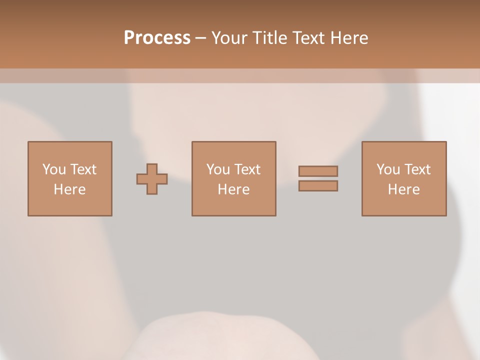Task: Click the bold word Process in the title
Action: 157,38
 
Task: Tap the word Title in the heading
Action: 270,38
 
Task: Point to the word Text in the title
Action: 309,38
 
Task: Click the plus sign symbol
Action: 152,179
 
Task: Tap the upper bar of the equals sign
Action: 318,171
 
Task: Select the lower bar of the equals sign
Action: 318,186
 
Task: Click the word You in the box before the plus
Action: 54,169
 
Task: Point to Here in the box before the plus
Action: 69,189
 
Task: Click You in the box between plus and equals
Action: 218,169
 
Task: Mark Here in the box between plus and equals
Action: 233,189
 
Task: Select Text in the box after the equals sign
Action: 416,169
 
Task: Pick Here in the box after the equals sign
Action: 403,189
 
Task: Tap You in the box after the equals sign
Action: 388,169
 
